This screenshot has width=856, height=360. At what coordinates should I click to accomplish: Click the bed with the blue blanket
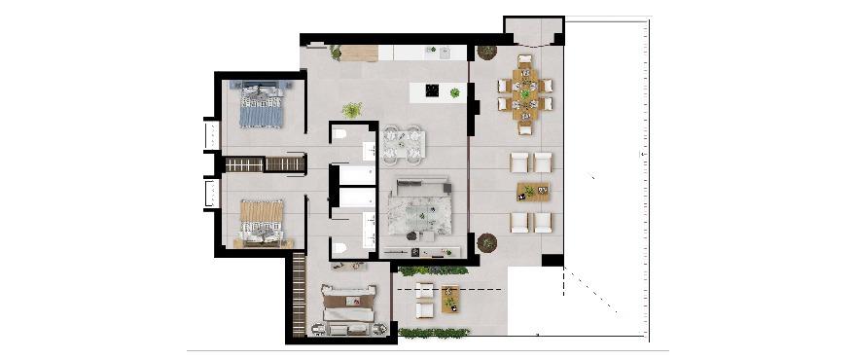point(260,104)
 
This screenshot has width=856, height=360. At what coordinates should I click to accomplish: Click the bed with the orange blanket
point(261,220)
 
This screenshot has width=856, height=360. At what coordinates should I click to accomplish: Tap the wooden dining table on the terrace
point(525,94)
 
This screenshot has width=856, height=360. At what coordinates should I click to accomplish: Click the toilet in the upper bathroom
point(339,134)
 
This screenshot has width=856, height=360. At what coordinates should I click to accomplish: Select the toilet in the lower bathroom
point(339,249)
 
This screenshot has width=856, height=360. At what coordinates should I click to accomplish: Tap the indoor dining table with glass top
point(403,144)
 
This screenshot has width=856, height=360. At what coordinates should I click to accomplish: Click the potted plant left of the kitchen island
point(352,110)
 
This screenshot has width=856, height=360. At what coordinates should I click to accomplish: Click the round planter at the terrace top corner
point(486,52)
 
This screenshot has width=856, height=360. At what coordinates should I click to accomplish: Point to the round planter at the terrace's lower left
point(487,242)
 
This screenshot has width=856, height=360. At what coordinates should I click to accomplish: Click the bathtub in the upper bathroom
point(355,175)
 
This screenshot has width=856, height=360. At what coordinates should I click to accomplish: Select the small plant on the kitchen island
point(454,92)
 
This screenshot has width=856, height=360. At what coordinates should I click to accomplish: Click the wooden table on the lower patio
point(449,298)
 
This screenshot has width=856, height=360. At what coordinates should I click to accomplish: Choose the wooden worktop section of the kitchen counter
point(358,54)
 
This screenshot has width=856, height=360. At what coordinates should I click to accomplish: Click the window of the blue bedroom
point(209,133)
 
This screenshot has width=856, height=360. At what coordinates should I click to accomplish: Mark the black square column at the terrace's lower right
point(553,260)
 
